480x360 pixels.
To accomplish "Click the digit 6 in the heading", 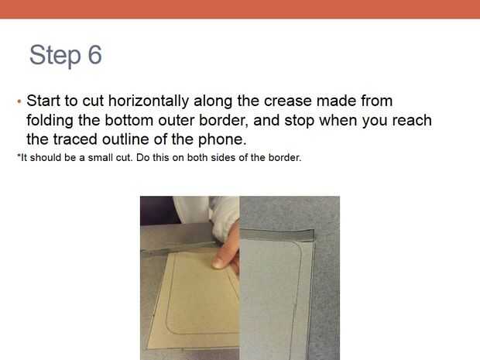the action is click(x=95, y=55).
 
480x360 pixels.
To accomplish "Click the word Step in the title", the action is click(x=56, y=56).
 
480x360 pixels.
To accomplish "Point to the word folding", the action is click(x=50, y=121).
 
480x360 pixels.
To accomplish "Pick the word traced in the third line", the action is click(x=75, y=139).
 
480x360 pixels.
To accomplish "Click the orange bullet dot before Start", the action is click(x=19, y=101).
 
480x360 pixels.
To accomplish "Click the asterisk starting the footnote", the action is click(x=19, y=156).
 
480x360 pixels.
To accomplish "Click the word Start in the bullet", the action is click(x=43, y=101).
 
